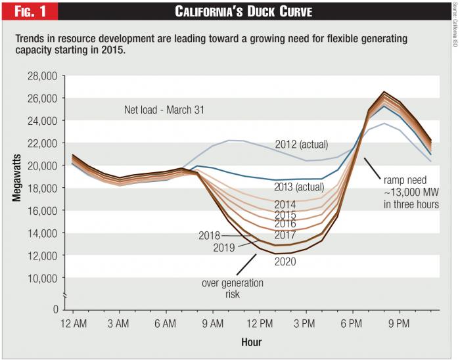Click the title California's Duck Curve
pyautogui.click(x=242, y=11)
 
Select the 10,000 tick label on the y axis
pyautogui.click(x=40, y=278)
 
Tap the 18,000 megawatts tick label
pyautogui.click(x=40, y=189)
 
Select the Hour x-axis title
pyautogui.click(x=251, y=342)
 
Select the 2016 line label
pyautogui.click(x=285, y=224)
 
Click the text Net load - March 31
pyautogui.click(x=164, y=110)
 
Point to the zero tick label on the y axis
pyautogui.click(x=55, y=308)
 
